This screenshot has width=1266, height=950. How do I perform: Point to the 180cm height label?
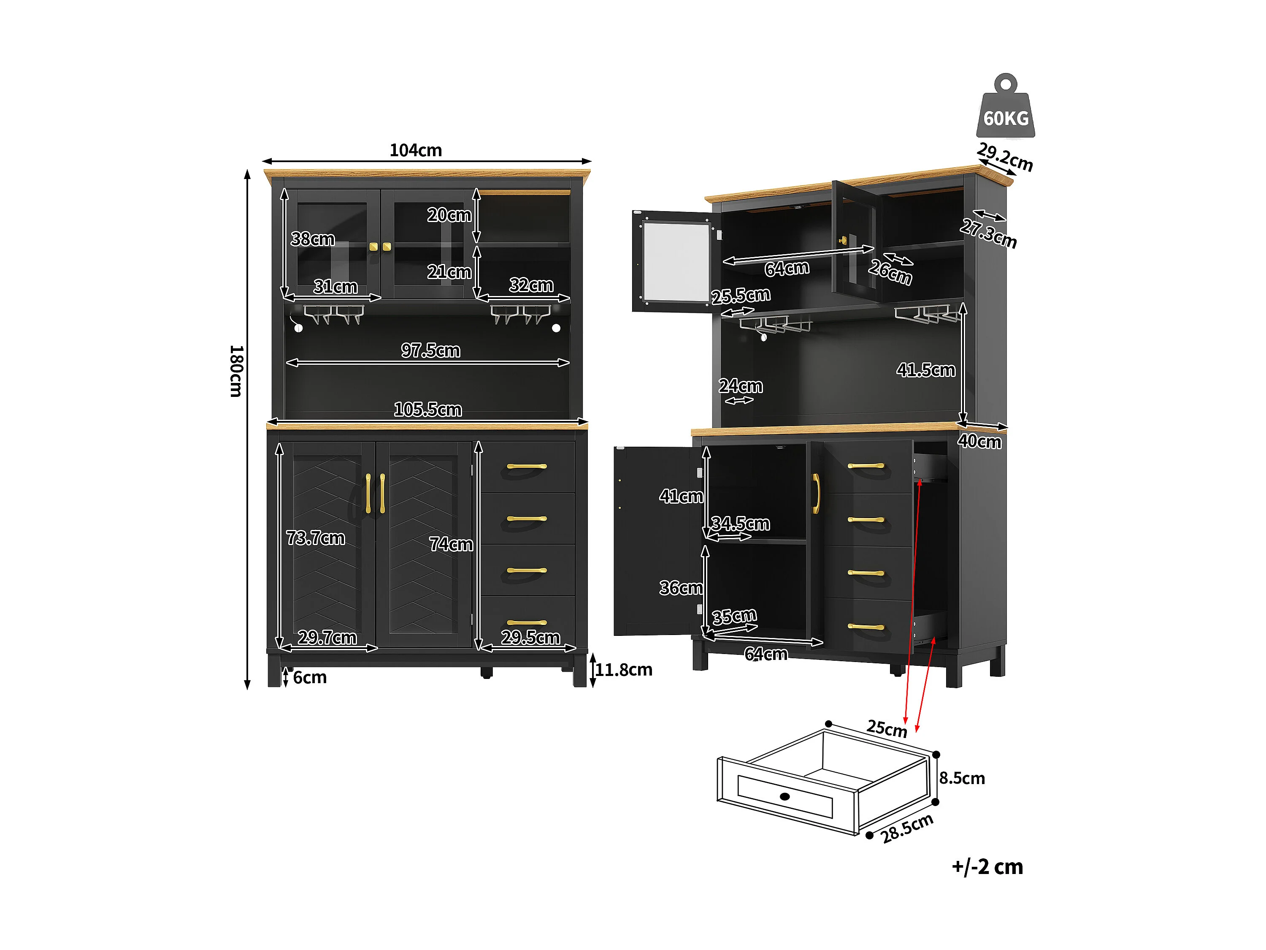[x=236, y=371]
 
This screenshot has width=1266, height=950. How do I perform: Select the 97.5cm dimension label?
[x=430, y=350]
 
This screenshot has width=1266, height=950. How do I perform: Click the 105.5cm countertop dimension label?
[x=427, y=410]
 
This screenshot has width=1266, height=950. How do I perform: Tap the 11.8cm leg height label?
[x=623, y=669]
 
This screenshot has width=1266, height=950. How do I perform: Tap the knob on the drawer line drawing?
[x=784, y=796]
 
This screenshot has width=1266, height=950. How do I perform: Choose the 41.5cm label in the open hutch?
[x=925, y=370]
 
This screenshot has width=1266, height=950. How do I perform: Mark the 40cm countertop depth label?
[x=979, y=441]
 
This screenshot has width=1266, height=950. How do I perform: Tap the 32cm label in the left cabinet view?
[x=531, y=285]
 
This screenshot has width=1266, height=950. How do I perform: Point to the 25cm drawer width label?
[x=887, y=728]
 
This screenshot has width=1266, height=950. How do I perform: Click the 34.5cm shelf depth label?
[x=740, y=524]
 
